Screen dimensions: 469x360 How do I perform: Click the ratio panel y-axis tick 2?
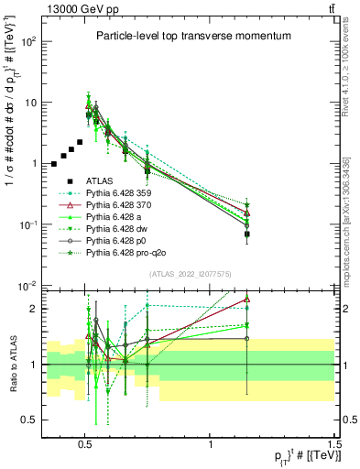tap(36, 309)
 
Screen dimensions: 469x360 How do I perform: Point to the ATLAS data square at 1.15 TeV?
tap(247, 234)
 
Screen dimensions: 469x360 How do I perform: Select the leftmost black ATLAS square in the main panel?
tap(54, 164)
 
